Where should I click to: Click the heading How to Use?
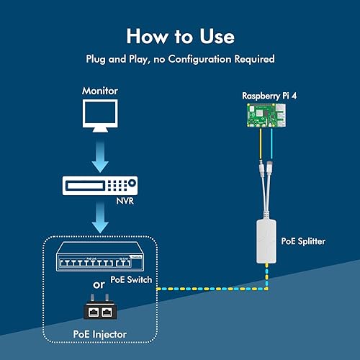tap(180, 35)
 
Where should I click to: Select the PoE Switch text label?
tap(131, 279)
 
